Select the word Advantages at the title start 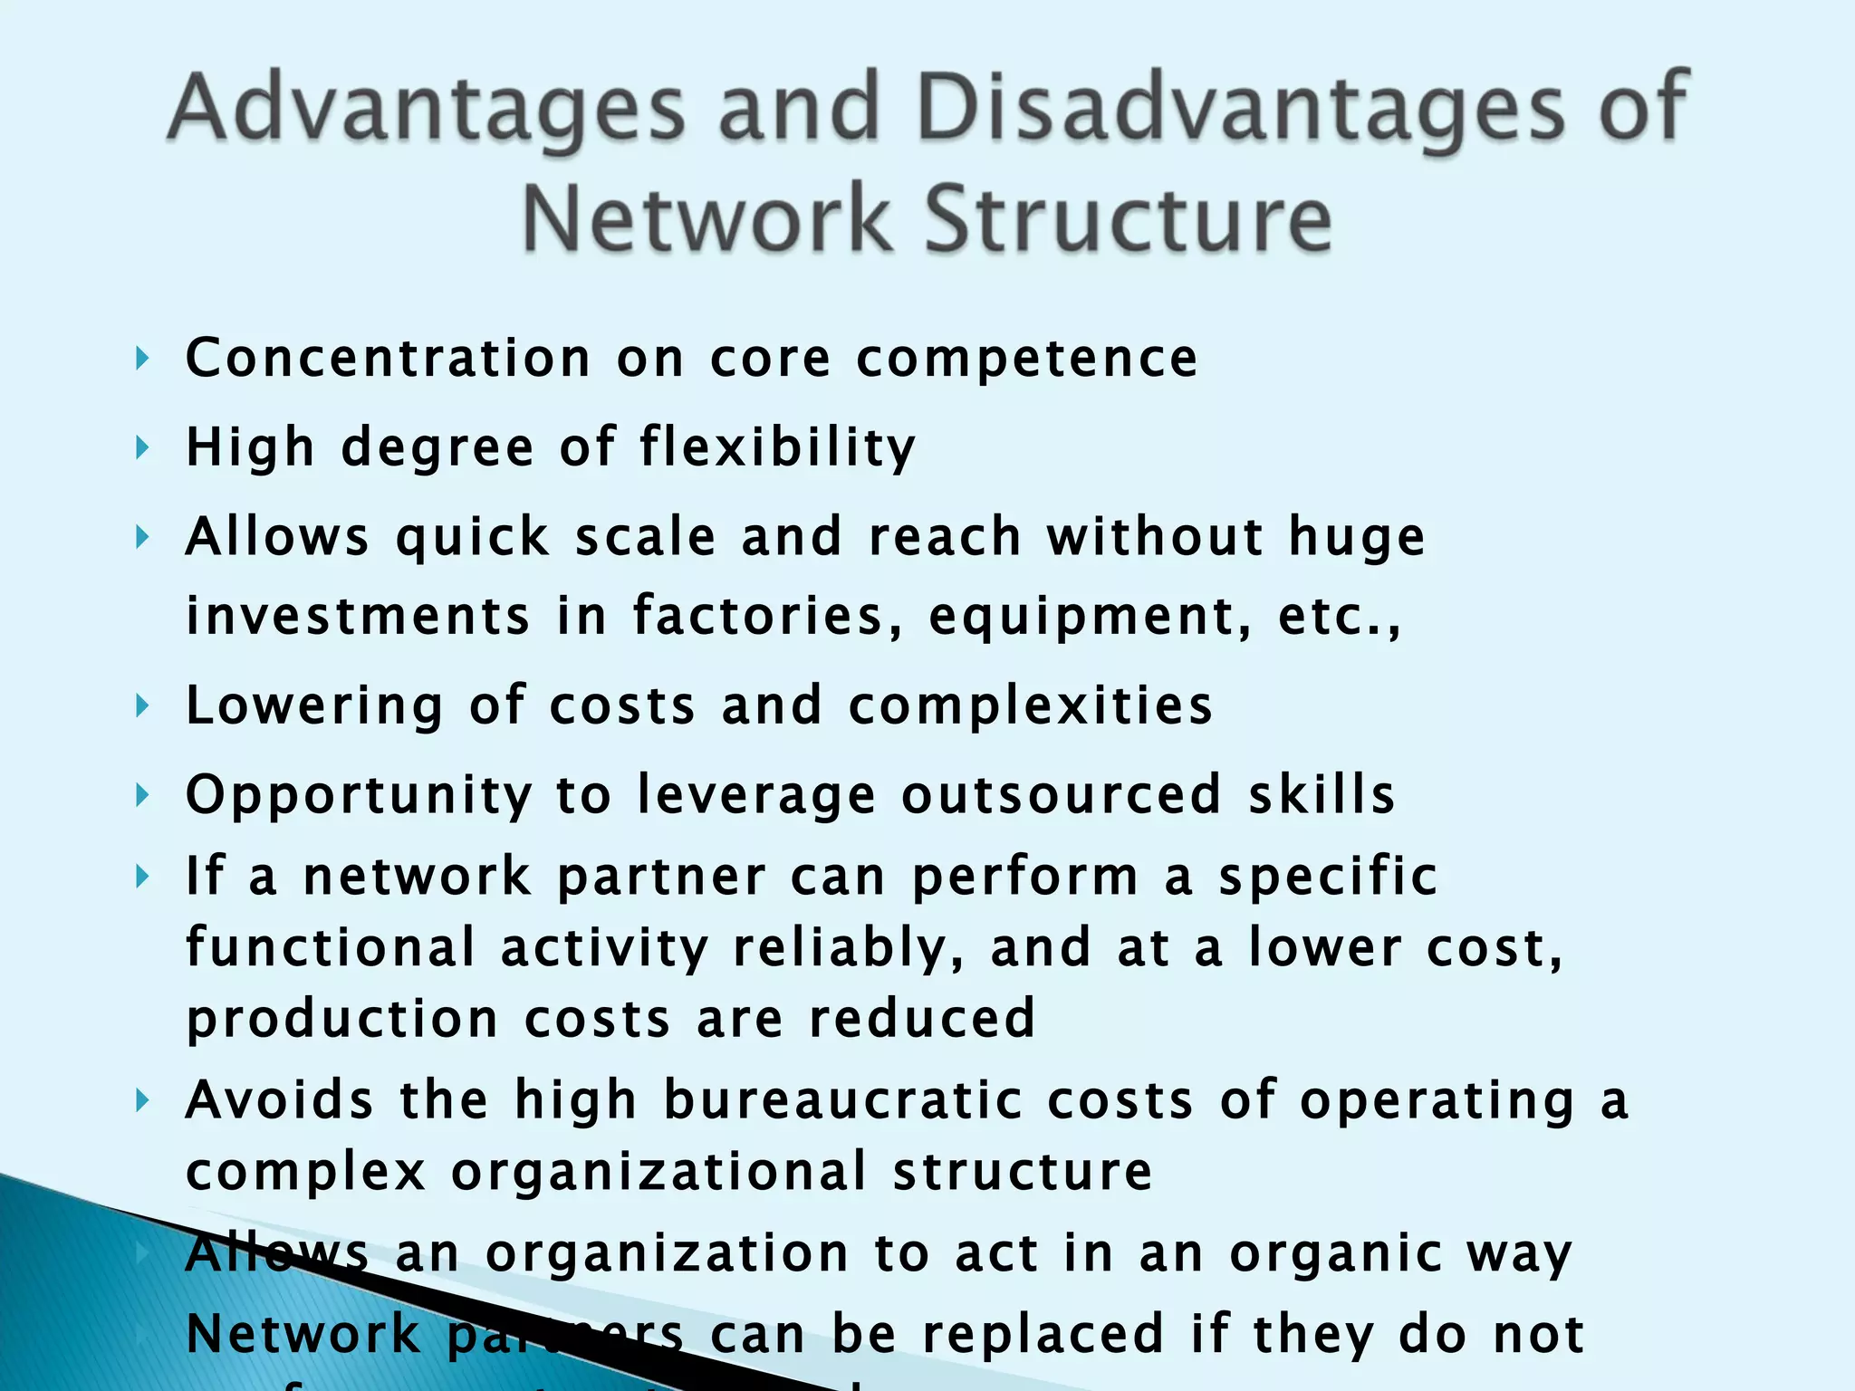426,109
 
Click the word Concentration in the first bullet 389,359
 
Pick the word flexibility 778,448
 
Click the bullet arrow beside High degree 141,447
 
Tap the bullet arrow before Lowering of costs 141,705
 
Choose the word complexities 1030,706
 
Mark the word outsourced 1062,795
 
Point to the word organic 1336,1255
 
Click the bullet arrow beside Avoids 141,1101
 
